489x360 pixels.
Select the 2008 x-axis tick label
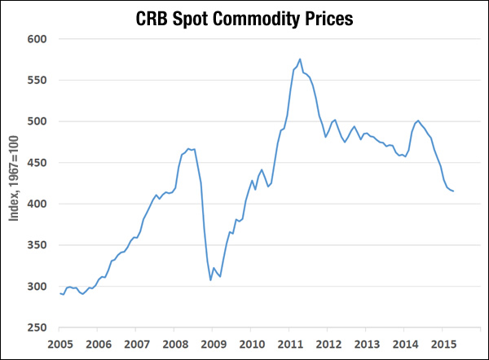coord(174,344)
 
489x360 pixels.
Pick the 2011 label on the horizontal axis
coord(289,344)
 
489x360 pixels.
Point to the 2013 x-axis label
coord(367,344)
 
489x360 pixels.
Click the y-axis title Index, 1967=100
coord(14,183)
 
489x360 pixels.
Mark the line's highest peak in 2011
coord(300,59)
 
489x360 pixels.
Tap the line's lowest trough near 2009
coord(210,280)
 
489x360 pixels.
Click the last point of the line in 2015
coord(453,191)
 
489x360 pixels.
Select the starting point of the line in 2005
coord(60,293)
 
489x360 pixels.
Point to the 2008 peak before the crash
coord(188,148)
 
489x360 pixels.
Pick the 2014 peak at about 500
coord(418,121)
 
